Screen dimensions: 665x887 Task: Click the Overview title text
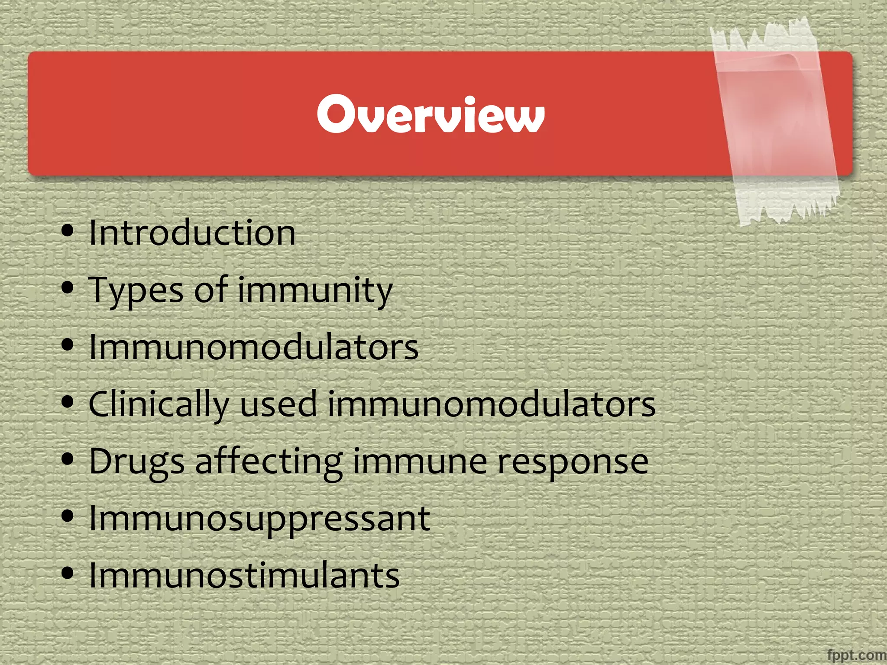431,114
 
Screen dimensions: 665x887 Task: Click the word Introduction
192,233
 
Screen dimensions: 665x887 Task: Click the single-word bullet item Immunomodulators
253,347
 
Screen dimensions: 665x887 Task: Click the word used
278,404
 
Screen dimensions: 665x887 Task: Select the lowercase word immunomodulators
491,404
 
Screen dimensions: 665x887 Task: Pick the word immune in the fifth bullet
420,462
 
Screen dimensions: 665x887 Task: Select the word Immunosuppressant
259,519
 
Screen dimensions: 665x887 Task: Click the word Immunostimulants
244,576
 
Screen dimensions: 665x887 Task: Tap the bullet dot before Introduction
68,231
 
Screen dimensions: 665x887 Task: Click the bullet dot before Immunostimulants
68,573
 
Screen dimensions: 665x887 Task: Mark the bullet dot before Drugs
68,459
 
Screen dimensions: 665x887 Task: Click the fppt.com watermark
856,655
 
